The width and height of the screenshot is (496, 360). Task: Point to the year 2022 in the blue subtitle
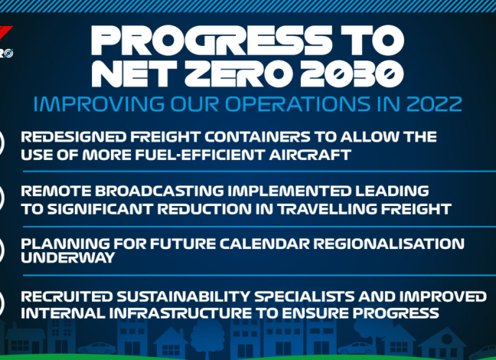434,104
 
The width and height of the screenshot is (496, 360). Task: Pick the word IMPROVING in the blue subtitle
99,104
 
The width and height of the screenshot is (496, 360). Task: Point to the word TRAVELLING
327,209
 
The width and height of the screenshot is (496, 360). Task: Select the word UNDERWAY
67,257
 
